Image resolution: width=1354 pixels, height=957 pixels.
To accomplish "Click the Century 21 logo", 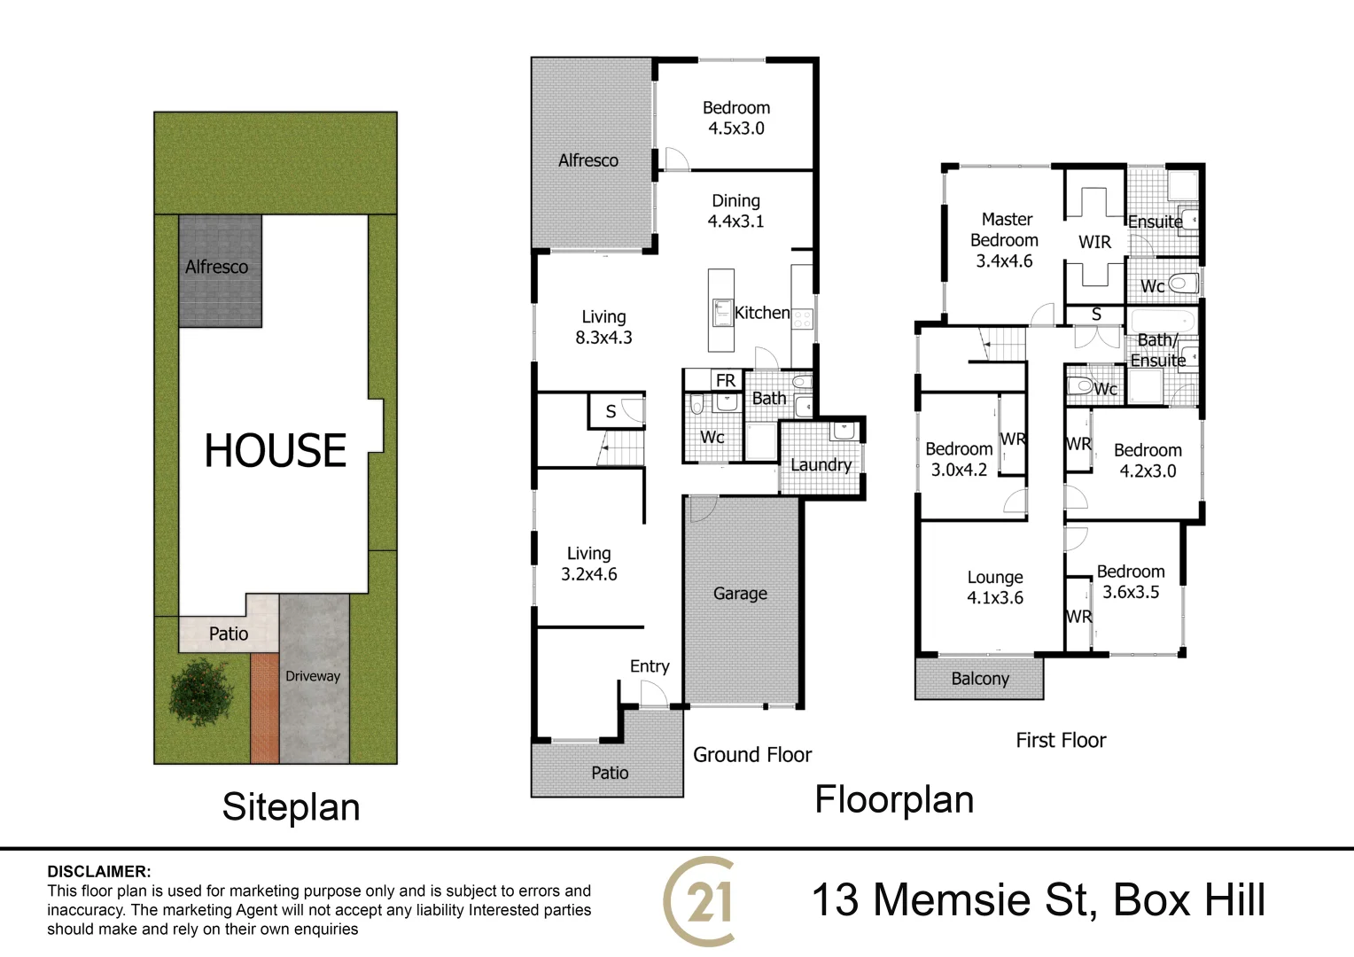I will (699, 901).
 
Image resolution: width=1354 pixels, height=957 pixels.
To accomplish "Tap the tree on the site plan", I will (200, 692).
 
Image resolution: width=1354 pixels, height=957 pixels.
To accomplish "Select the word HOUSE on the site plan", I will (275, 450).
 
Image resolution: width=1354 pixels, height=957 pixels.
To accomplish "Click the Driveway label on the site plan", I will (313, 676).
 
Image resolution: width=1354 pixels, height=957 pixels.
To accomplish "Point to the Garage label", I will (740, 594).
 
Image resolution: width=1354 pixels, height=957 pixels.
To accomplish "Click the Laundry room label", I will (821, 465).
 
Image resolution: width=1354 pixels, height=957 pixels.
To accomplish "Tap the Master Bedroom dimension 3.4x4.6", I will (1004, 261).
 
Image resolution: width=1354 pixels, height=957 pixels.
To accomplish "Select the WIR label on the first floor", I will (1094, 242).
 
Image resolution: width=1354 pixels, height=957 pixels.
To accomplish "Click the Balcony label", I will (980, 679).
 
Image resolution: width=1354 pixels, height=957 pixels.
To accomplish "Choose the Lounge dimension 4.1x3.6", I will (994, 598).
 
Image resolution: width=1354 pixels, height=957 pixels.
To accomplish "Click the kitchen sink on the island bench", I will (721, 312).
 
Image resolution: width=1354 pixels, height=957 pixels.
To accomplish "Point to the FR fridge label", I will (726, 380).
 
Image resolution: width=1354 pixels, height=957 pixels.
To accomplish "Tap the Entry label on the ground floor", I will (650, 666).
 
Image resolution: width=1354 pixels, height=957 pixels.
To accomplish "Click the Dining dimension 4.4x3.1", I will (735, 222).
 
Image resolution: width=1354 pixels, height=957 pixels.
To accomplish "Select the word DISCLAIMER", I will (99, 872).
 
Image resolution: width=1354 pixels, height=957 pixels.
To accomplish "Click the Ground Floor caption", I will (752, 755).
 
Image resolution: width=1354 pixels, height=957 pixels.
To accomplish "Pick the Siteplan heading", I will (291, 807).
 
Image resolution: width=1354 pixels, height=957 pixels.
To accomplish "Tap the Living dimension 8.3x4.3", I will (603, 338).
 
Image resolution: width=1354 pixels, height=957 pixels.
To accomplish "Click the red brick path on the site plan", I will (264, 708).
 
